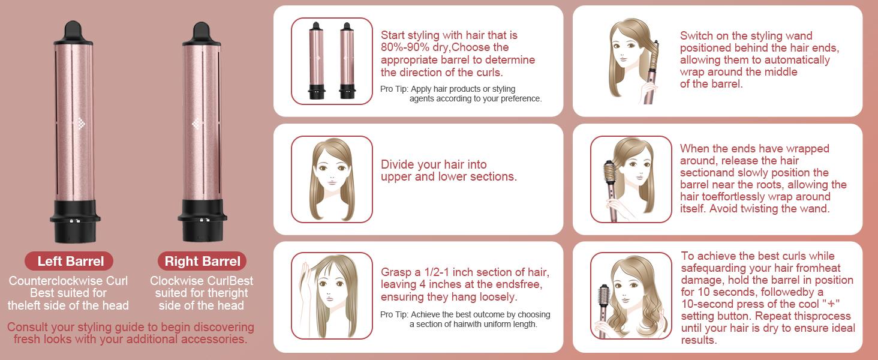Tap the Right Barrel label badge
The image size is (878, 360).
click(x=202, y=261)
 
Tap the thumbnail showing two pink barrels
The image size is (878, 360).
click(x=332, y=61)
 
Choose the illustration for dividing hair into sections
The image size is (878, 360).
click(x=332, y=179)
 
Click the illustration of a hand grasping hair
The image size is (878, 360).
click(x=332, y=295)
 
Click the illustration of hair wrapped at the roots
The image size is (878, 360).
click(x=631, y=179)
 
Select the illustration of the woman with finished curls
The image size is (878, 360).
click(x=631, y=295)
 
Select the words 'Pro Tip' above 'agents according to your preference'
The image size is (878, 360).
click(x=393, y=89)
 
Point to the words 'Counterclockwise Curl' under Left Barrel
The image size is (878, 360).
click(x=68, y=281)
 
